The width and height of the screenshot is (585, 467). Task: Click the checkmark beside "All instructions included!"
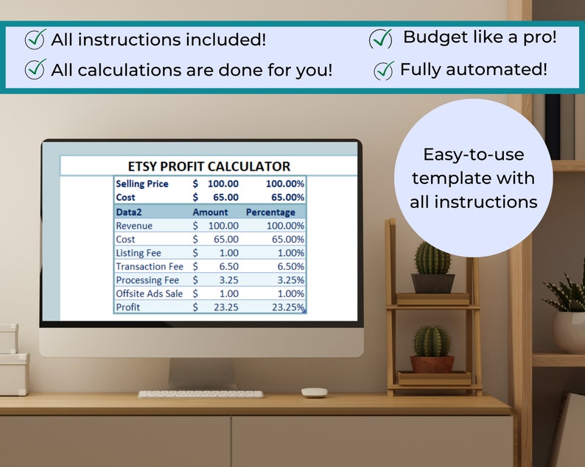coord(35,39)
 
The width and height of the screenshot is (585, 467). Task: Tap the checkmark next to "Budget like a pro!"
coord(381,38)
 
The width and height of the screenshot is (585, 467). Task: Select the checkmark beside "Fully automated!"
coord(384,71)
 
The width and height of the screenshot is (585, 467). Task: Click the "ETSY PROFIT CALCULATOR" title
coord(209,166)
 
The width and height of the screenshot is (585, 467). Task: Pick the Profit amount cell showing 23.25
coord(222,307)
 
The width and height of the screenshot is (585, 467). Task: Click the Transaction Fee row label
coord(150,266)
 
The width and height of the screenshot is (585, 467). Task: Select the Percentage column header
coord(270,212)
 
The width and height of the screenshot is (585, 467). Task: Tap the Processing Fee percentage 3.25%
coord(289,280)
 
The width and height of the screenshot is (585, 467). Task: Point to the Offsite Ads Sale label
coord(150,293)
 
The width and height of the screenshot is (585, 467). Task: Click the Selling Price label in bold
coord(142,184)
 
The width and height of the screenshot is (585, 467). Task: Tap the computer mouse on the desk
coord(314,393)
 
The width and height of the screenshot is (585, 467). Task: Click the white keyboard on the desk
coord(200,394)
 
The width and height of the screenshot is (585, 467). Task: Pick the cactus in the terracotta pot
coord(432,343)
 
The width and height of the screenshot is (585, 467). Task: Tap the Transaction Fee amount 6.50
coord(225,266)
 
